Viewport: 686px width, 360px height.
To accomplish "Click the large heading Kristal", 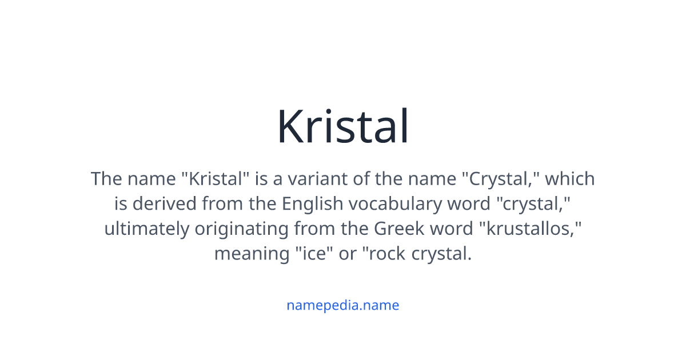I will click(343, 127).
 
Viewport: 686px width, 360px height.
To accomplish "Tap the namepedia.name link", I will click(342, 305).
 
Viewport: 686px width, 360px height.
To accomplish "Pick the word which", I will click(570, 179).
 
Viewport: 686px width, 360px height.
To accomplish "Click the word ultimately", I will click(146, 229).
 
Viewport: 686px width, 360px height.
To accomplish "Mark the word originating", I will click(242, 229).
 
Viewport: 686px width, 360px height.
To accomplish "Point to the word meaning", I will click(252, 254).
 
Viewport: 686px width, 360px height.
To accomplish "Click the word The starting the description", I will click(106, 179).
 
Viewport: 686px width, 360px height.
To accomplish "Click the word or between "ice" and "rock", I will click(348, 254).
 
